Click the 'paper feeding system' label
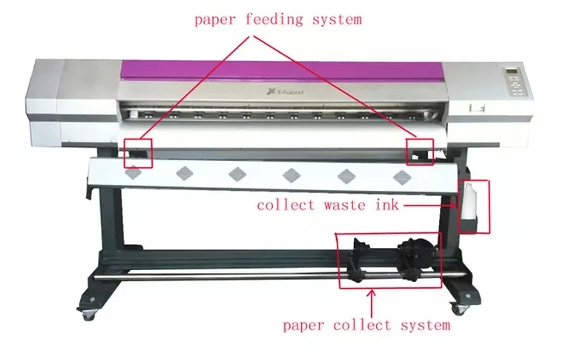pos(278,19)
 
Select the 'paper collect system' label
pos(366,324)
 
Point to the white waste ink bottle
pos(469,200)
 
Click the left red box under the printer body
pos(139,152)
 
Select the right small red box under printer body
pos(421,151)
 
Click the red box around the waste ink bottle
pos(475,206)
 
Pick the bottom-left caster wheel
pos(89,314)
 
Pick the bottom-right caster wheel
pos(461,307)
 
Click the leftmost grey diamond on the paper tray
pos(132,173)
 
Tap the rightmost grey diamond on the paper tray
pos(401,176)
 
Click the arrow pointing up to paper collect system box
pos(372,300)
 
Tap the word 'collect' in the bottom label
pos(357,324)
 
